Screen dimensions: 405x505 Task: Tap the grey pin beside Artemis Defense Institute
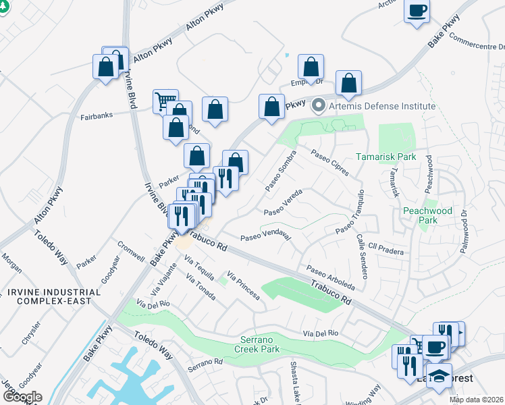pyautogui.click(x=319, y=106)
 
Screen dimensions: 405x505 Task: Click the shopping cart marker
pyautogui.click(x=165, y=102)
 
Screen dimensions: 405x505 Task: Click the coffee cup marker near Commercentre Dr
pyautogui.click(x=417, y=11)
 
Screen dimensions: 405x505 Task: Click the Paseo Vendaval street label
pyautogui.click(x=265, y=237)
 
